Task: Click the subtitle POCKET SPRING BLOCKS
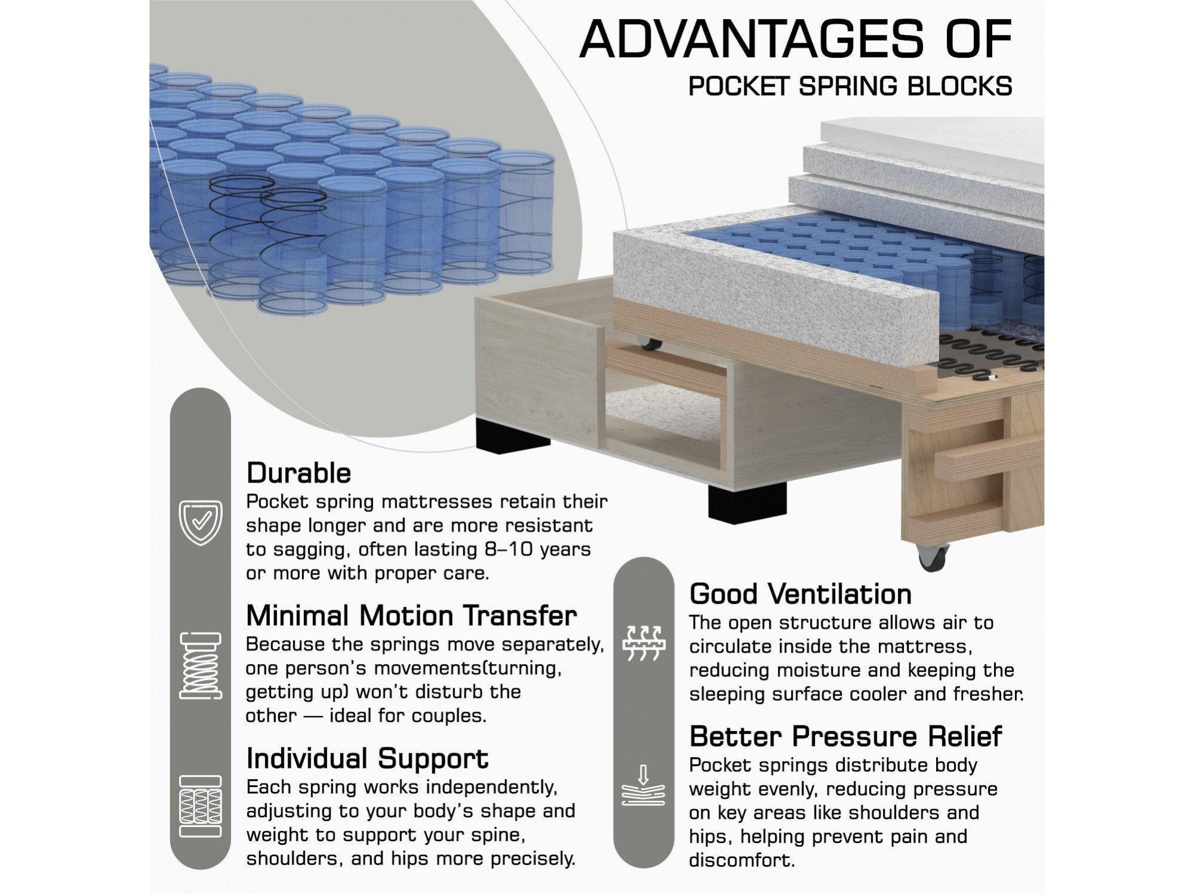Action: coord(850,87)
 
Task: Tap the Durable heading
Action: coord(298,473)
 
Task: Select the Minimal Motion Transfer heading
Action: coord(411,616)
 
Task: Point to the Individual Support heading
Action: coord(367,759)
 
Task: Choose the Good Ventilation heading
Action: coord(801,594)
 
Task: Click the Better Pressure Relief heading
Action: coord(845,736)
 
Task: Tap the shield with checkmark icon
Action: coord(201,523)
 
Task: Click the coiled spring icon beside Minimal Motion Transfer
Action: coord(201,665)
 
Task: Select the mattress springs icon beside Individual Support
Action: coord(201,806)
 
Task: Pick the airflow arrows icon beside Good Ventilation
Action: coord(643,643)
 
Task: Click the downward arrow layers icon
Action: coord(643,785)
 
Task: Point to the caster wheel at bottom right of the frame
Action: coord(932,558)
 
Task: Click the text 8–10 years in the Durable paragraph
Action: coord(537,550)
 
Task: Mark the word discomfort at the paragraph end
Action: coord(742,860)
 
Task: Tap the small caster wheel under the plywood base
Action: coord(649,344)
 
